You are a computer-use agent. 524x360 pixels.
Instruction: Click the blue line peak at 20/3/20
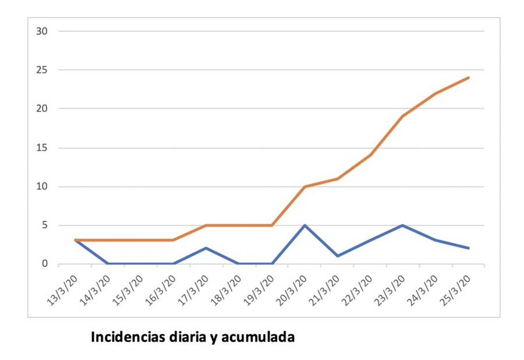point(305,225)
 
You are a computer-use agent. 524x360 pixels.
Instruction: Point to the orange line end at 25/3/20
point(469,77)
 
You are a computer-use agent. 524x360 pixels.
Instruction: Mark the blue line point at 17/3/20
point(206,248)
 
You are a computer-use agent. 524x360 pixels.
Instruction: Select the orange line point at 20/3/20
point(305,186)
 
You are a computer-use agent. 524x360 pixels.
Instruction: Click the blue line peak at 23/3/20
point(403,225)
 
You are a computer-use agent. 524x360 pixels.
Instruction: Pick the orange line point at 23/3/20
point(403,117)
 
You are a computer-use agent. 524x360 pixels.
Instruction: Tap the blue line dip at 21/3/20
point(338,256)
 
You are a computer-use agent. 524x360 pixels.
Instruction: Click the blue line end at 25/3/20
point(469,248)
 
